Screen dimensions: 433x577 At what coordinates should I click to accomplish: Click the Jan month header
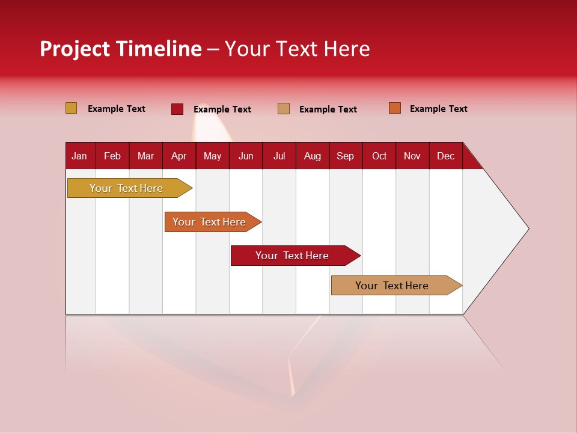click(x=79, y=156)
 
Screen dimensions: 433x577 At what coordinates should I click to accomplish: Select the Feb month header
click(x=112, y=156)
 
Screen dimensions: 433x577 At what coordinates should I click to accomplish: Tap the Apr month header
click(x=179, y=156)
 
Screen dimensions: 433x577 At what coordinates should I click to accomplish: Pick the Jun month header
click(x=246, y=156)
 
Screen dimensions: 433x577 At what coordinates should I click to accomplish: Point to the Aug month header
click(x=312, y=156)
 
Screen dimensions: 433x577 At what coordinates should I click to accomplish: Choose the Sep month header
click(x=345, y=156)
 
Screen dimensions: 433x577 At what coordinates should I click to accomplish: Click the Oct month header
click(x=379, y=156)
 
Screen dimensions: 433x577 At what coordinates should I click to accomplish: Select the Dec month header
click(x=445, y=156)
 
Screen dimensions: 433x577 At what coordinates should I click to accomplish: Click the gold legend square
click(x=72, y=108)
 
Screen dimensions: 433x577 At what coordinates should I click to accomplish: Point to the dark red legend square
click(x=177, y=109)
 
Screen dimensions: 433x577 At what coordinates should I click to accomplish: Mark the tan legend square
click(x=284, y=109)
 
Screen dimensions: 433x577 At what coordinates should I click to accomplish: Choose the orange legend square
click(x=395, y=108)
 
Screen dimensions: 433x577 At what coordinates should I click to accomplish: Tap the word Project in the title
click(x=75, y=49)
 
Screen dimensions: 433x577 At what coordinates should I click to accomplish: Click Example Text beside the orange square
click(x=438, y=109)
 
